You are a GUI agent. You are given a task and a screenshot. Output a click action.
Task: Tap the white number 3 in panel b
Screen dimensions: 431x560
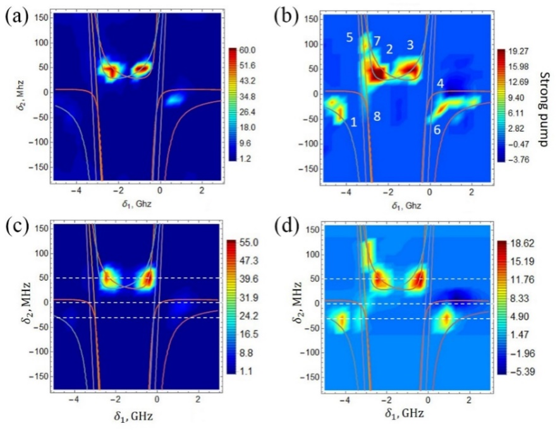click(410, 45)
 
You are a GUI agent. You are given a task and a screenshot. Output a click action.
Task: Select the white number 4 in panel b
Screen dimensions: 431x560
click(441, 83)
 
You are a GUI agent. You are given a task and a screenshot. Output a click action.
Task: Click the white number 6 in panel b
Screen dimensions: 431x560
click(437, 129)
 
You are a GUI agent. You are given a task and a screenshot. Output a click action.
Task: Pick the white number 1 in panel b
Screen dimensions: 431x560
click(354, 122)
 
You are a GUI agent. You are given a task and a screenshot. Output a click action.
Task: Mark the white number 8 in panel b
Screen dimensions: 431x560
click(377, 116)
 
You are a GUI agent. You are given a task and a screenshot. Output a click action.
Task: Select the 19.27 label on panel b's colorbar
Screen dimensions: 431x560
click(528, 50)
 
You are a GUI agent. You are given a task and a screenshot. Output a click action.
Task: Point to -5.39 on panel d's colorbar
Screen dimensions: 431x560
click(525, 372)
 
